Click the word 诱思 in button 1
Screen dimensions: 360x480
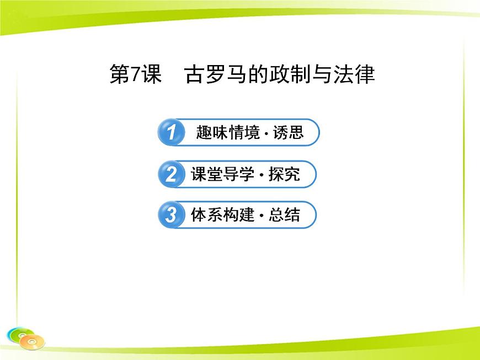point(288,132)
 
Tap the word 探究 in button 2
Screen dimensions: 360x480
point(284,174)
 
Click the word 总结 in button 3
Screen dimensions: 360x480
point(284,215)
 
